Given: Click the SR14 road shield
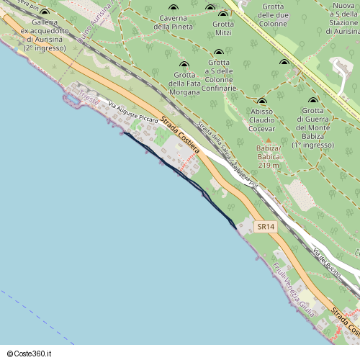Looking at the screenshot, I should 266,227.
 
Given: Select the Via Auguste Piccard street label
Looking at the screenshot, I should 132,112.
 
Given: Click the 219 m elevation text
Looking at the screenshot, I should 268,165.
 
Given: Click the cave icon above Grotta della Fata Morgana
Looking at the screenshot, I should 183,65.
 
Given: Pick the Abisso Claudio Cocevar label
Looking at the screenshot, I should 262,120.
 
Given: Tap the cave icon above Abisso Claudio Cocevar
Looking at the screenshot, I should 261,101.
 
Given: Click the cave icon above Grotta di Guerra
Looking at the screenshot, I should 312,101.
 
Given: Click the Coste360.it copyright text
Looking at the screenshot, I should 31,354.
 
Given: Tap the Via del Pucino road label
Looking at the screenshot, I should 327,258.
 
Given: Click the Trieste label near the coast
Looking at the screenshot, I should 90,100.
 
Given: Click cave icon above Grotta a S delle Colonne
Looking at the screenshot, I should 218,53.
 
